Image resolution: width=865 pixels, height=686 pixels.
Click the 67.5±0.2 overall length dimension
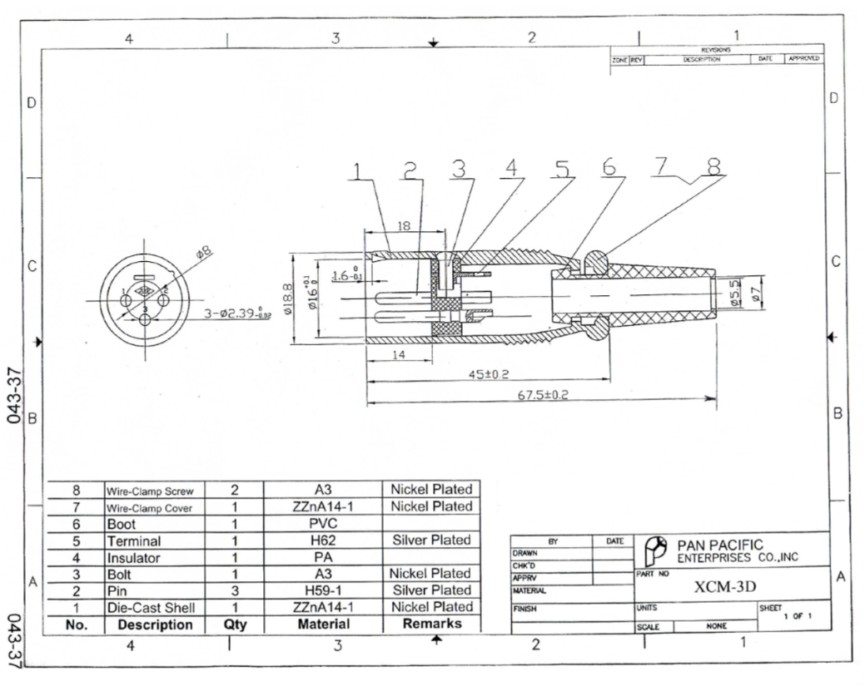point(542,395)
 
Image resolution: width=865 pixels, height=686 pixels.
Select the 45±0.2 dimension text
point(490,374)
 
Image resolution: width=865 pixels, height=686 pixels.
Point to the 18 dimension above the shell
point(404,226)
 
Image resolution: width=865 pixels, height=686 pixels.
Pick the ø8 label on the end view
point(202,251)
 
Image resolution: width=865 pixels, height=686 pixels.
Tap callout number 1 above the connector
point(357,171)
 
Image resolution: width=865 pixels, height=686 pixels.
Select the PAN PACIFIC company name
point(719,545)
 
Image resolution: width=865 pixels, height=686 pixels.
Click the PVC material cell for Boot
point(322,524)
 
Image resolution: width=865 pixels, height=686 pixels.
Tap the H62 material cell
point(322,540)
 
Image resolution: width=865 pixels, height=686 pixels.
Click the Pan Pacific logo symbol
point(655,550)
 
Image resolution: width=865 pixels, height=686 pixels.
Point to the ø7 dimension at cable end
point(757,294)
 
